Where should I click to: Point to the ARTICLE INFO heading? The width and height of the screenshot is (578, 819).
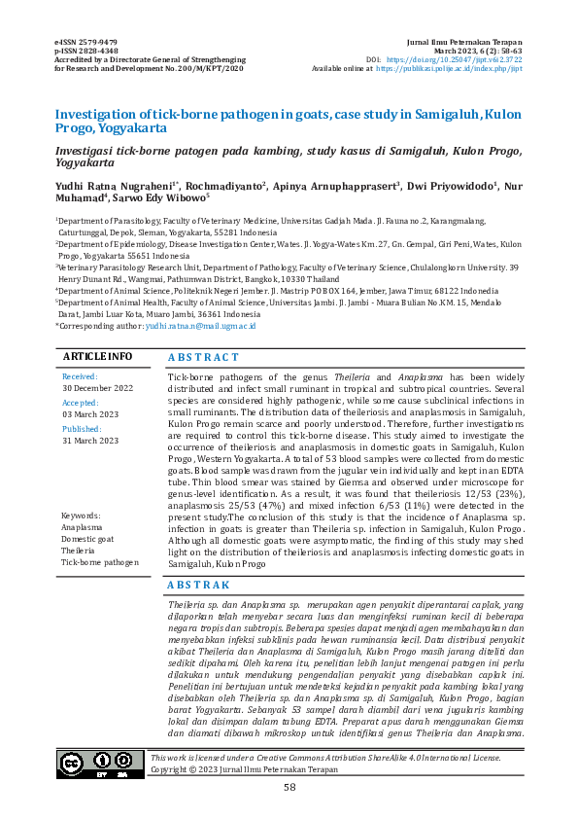[98, 357]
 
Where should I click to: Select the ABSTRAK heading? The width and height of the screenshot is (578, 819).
[199, 585]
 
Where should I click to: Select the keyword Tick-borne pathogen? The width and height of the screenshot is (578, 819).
[100, 562]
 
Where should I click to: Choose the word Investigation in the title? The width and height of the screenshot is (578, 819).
[103, 114]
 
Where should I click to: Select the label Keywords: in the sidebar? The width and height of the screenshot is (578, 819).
[82, 515]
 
